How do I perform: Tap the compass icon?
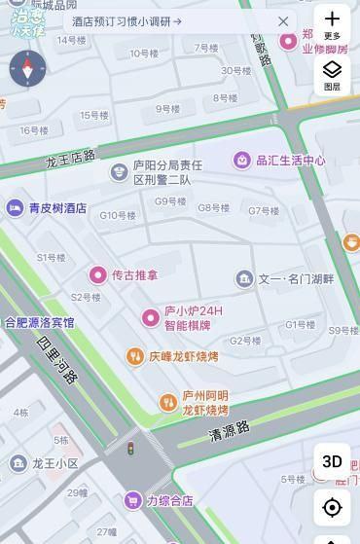point(27,69)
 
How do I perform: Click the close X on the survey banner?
point(283,21)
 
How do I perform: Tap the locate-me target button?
point(332,507)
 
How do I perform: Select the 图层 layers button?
point(332,73)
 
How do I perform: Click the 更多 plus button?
point(332,23)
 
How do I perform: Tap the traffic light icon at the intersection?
point(130,448)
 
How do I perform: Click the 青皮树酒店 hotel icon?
point(15,207)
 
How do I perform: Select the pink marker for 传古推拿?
point(97,275)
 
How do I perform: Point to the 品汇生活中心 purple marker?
point(241,160)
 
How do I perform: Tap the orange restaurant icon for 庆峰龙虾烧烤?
point(135,357)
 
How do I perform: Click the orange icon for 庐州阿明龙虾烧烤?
point(167,402)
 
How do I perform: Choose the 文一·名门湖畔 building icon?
point(244,279)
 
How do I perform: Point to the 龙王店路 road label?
point(70,159)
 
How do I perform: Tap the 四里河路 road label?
point(56,359)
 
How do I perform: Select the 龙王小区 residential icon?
point(18,463)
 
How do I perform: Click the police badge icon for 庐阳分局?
point(119,172)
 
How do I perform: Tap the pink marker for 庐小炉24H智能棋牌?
point(150,317)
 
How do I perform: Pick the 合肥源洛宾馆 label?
point(39,322)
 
